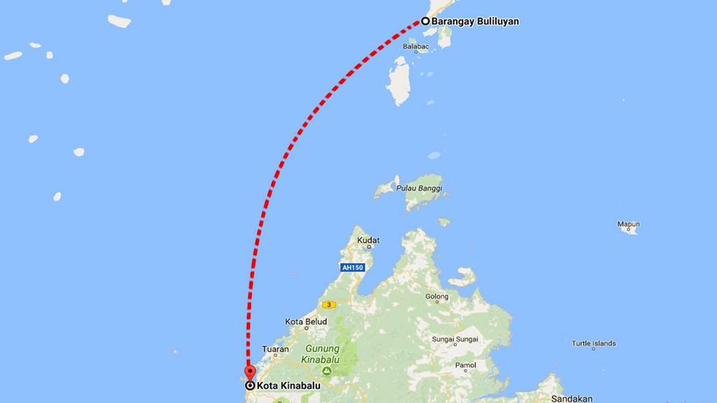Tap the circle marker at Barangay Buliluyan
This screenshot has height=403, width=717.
tap(426, 21)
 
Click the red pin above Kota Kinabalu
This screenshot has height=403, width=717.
tap(250, 373)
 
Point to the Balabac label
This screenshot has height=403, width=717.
tap(415, 47)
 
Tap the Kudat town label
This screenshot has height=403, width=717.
tap(368, 240)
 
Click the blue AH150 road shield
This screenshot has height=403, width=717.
tap(352, 267)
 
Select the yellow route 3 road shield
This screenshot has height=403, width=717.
tap(328, 304)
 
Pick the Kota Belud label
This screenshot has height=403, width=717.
tap(302, 322)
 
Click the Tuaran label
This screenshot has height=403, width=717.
tap(276, 349)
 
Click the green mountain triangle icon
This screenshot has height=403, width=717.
tap(327, 371)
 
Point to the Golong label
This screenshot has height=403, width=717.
tap(437, 297)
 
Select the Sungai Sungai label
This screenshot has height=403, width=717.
tap(455, 339)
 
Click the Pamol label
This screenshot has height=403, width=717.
tap(466, 365)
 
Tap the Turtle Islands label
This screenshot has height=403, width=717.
tap(594, 343)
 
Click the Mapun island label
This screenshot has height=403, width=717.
tap(629, 224)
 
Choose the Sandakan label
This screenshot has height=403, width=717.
tap(573, 398)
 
